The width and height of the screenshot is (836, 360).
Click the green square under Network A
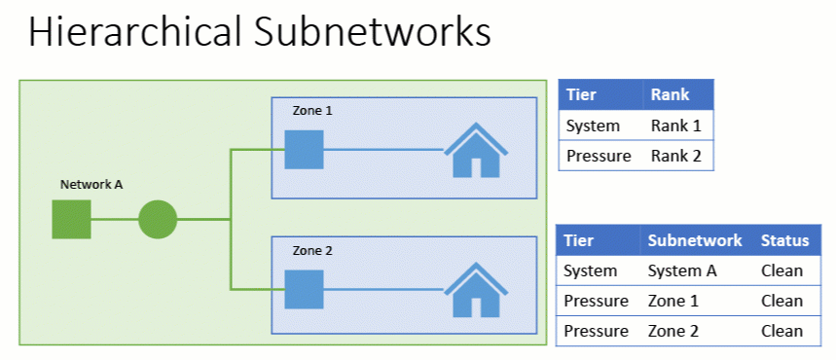click(x=71, y=220)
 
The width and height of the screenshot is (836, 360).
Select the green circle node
click(x=158, y=220)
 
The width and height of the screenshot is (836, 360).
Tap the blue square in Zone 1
click(x=304, y=150)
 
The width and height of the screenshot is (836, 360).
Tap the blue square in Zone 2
click(x=304, y=289)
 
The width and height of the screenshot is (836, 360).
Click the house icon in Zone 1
click(x=477, y=150)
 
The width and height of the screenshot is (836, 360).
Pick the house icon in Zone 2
click(x=477, y=289)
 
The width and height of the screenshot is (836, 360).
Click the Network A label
click(x=91, y=184)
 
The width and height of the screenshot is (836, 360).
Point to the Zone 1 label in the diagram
click(x=312, y=111)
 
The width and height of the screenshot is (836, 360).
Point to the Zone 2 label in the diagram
click(x=312, y=251)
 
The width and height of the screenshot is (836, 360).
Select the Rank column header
click(x=670, y=94)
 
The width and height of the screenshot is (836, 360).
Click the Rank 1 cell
click(x=675, y=126)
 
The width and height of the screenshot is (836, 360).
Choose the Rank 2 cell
click(x=675, y=155)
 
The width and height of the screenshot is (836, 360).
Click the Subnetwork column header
click(x=694, y=240)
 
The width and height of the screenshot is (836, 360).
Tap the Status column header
click(x=784, y=240)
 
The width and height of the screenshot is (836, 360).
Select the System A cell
click(x=681, y=270)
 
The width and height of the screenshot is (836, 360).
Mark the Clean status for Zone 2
click(x=781, y=331)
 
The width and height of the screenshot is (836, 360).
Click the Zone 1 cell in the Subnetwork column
click(x=672, y=301)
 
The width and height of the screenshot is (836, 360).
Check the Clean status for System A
click(x=781, y=270)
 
